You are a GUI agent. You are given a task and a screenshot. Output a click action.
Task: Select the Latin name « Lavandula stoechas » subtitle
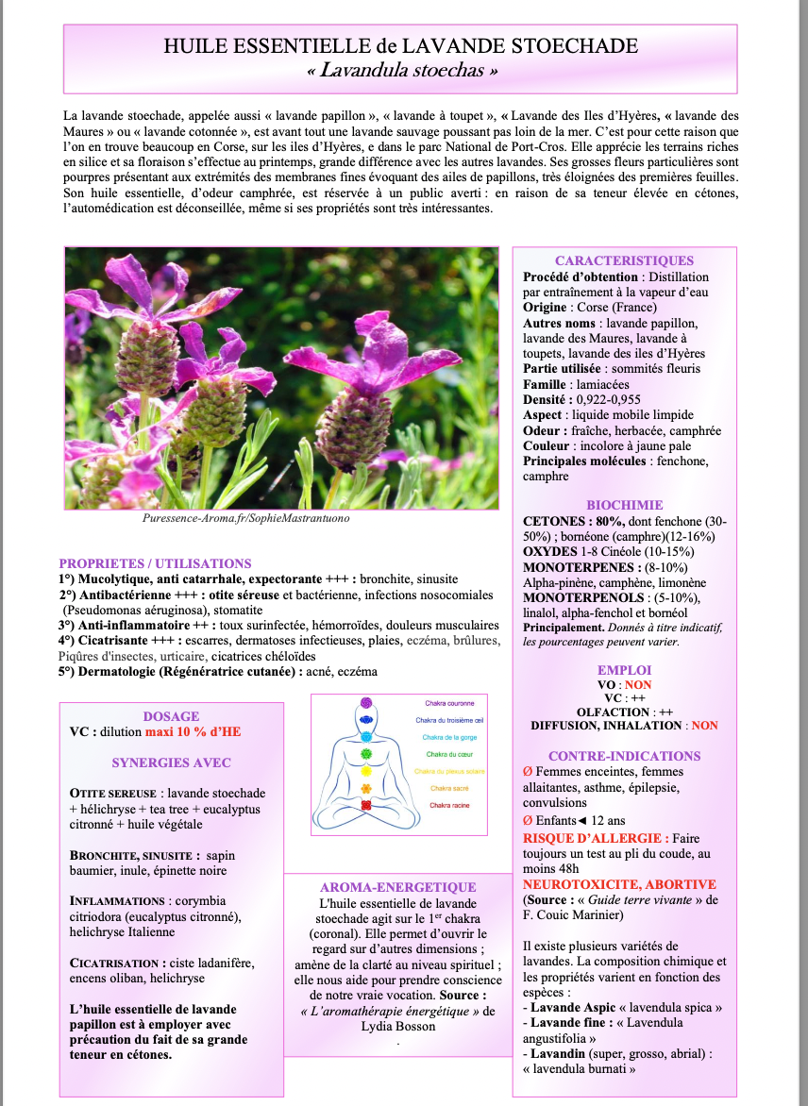401,70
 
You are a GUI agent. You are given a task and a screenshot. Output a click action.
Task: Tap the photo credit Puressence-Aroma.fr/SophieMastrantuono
240,518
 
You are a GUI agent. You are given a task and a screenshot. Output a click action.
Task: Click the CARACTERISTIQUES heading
624,260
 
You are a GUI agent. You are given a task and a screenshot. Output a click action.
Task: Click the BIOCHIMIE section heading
624,505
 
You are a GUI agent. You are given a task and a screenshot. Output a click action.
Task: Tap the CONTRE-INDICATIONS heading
624,756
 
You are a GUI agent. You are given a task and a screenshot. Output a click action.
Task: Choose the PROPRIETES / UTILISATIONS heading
155,563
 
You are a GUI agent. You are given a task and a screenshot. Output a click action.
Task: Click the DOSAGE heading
171,716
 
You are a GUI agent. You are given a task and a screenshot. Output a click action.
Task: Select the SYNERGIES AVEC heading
171,762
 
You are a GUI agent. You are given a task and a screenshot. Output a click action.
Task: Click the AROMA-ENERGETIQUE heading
397,887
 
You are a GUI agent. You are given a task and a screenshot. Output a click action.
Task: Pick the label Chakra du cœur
448,754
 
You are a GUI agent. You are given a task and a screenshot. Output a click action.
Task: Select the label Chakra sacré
449,788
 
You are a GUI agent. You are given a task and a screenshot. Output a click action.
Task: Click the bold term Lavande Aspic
565,1007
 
